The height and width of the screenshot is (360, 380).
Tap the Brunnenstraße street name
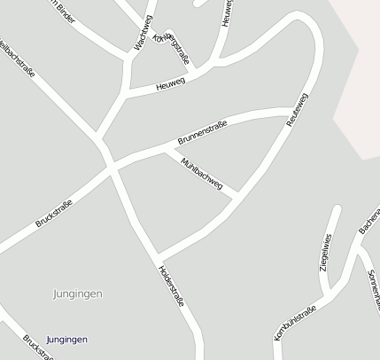[x=202, y=133]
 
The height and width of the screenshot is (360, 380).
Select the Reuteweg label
[x=297, y=110]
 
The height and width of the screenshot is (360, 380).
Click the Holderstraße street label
[x=172, y=286]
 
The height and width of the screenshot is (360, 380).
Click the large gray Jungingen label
[x=78, y=293]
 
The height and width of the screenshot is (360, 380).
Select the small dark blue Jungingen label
[x=67, y=340]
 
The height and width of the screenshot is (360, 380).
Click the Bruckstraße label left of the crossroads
[x=53, y=214]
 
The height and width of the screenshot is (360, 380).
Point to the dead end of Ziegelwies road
[x=337, y=209]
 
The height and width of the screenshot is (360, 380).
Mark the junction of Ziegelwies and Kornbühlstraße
[x=327, y=294]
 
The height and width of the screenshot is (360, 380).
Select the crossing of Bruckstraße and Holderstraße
[x=110, y=166]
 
